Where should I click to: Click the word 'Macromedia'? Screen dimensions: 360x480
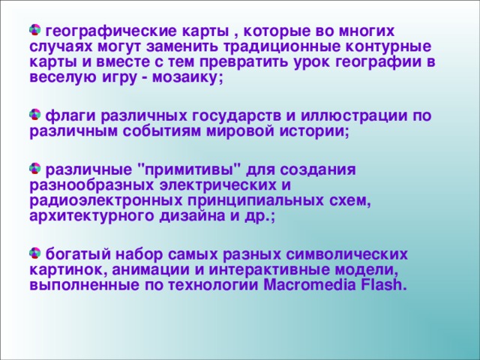(x=307, y=286)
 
